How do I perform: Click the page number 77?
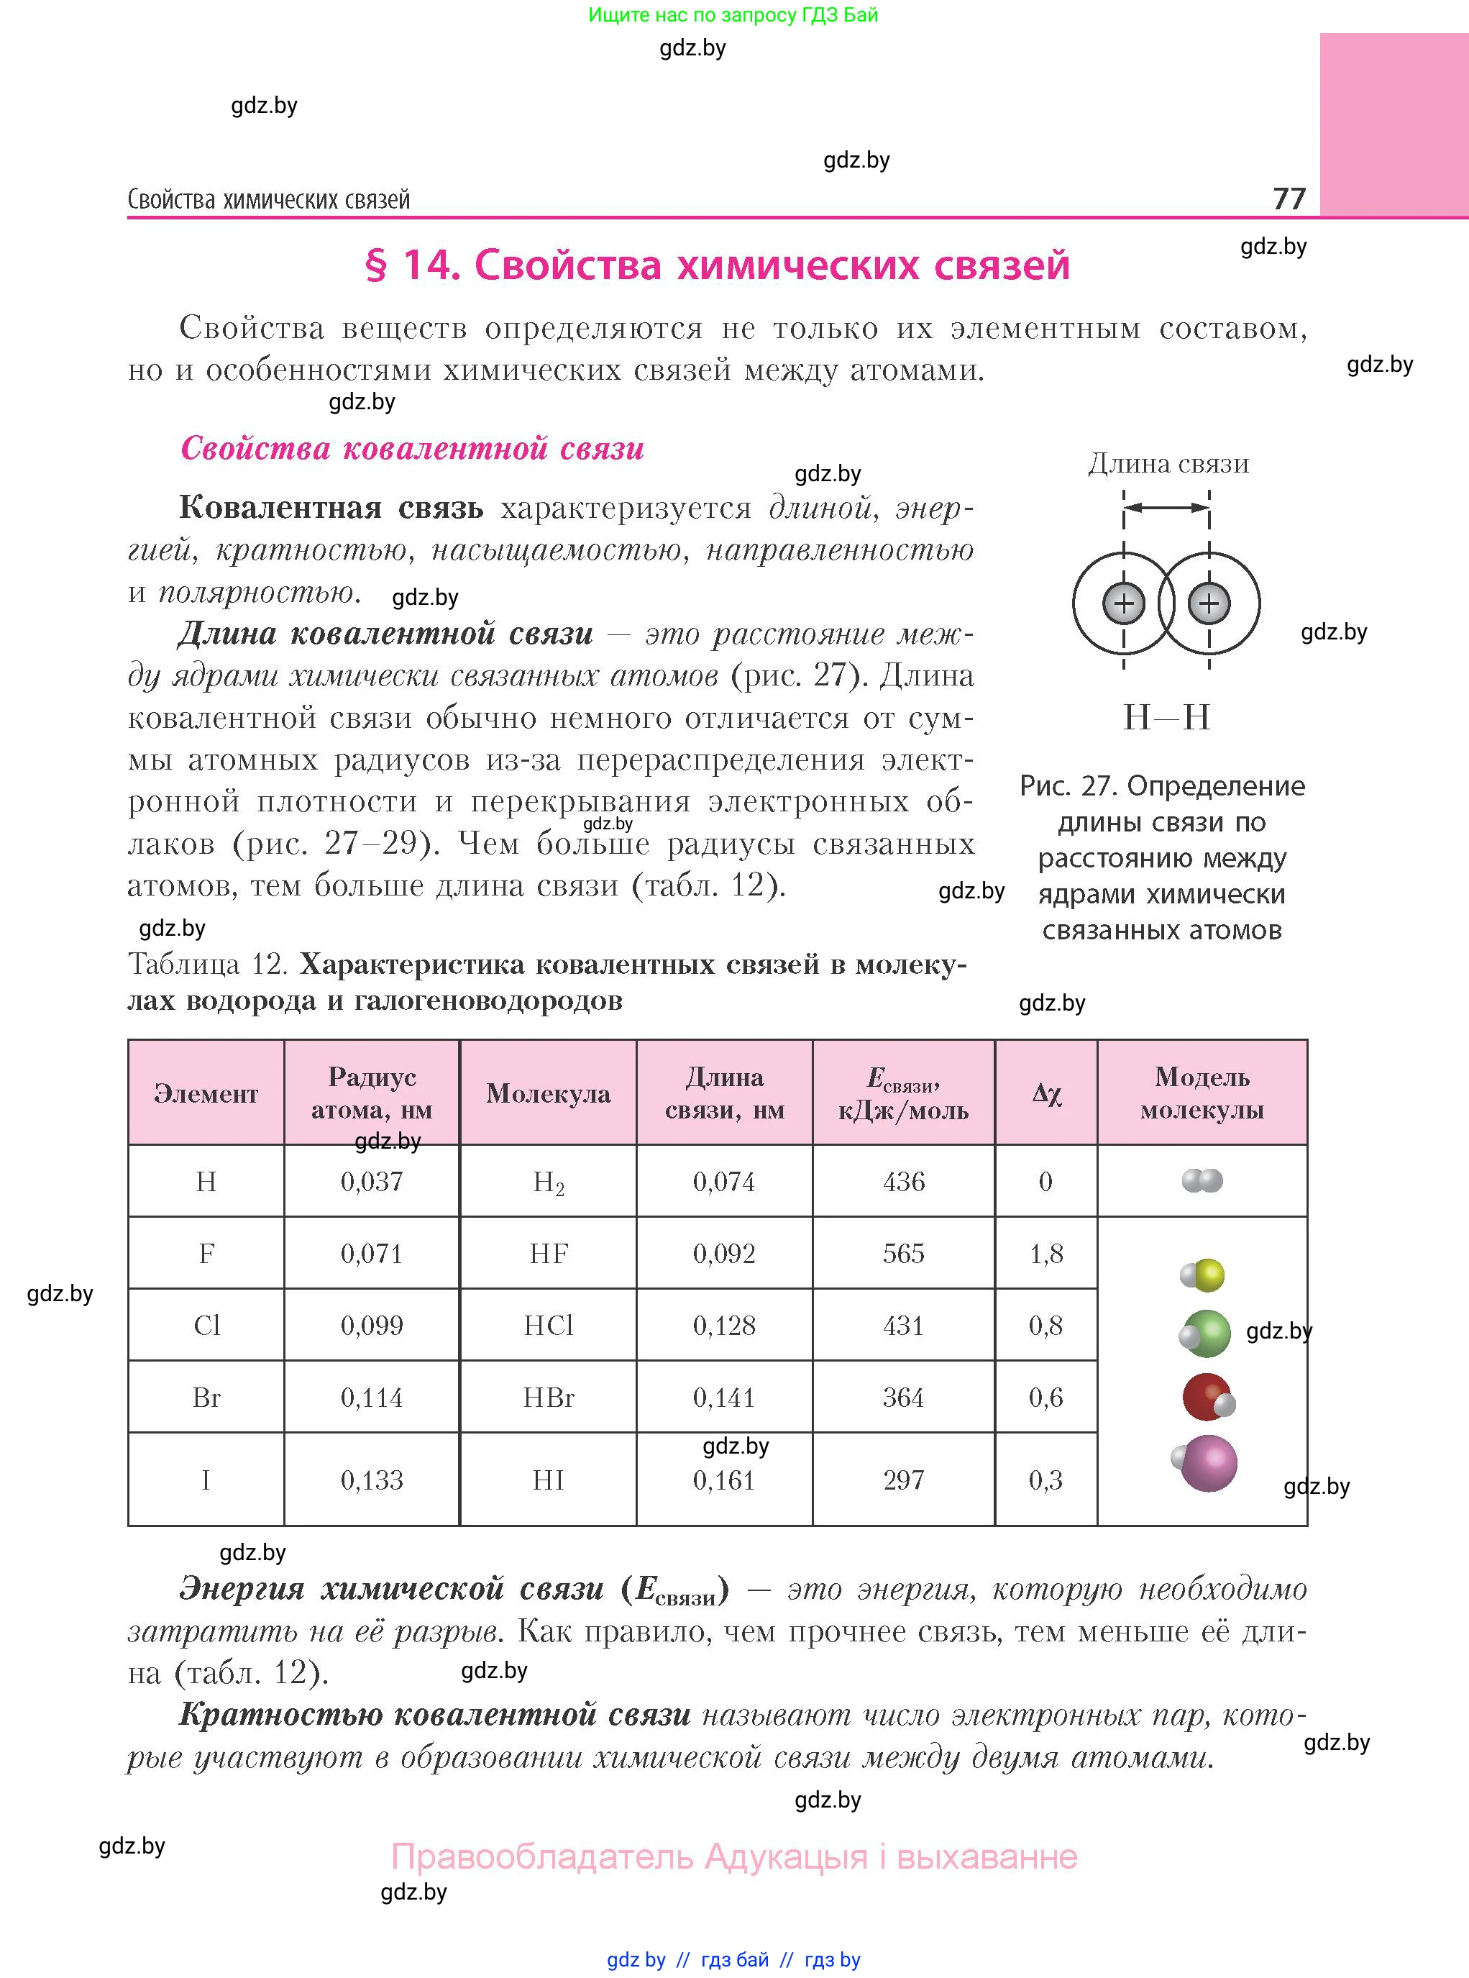(1289, 198)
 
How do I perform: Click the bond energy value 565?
(903, 1253)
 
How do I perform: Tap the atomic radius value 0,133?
(372, 1480)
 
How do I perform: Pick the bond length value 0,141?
(724, 1398)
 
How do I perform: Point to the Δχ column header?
(1047, 1093)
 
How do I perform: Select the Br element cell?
(206, 1398)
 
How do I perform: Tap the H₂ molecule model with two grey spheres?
(1202, 1180)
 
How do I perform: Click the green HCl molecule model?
(1206, 1334)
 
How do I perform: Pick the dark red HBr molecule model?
(1207, 1398)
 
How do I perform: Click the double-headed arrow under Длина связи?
(1167, 508)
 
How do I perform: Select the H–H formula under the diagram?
(1167, 717)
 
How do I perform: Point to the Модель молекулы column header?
(1202, 1093)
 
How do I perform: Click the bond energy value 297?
(903, 1480)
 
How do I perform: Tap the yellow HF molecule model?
(1203, 1275)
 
